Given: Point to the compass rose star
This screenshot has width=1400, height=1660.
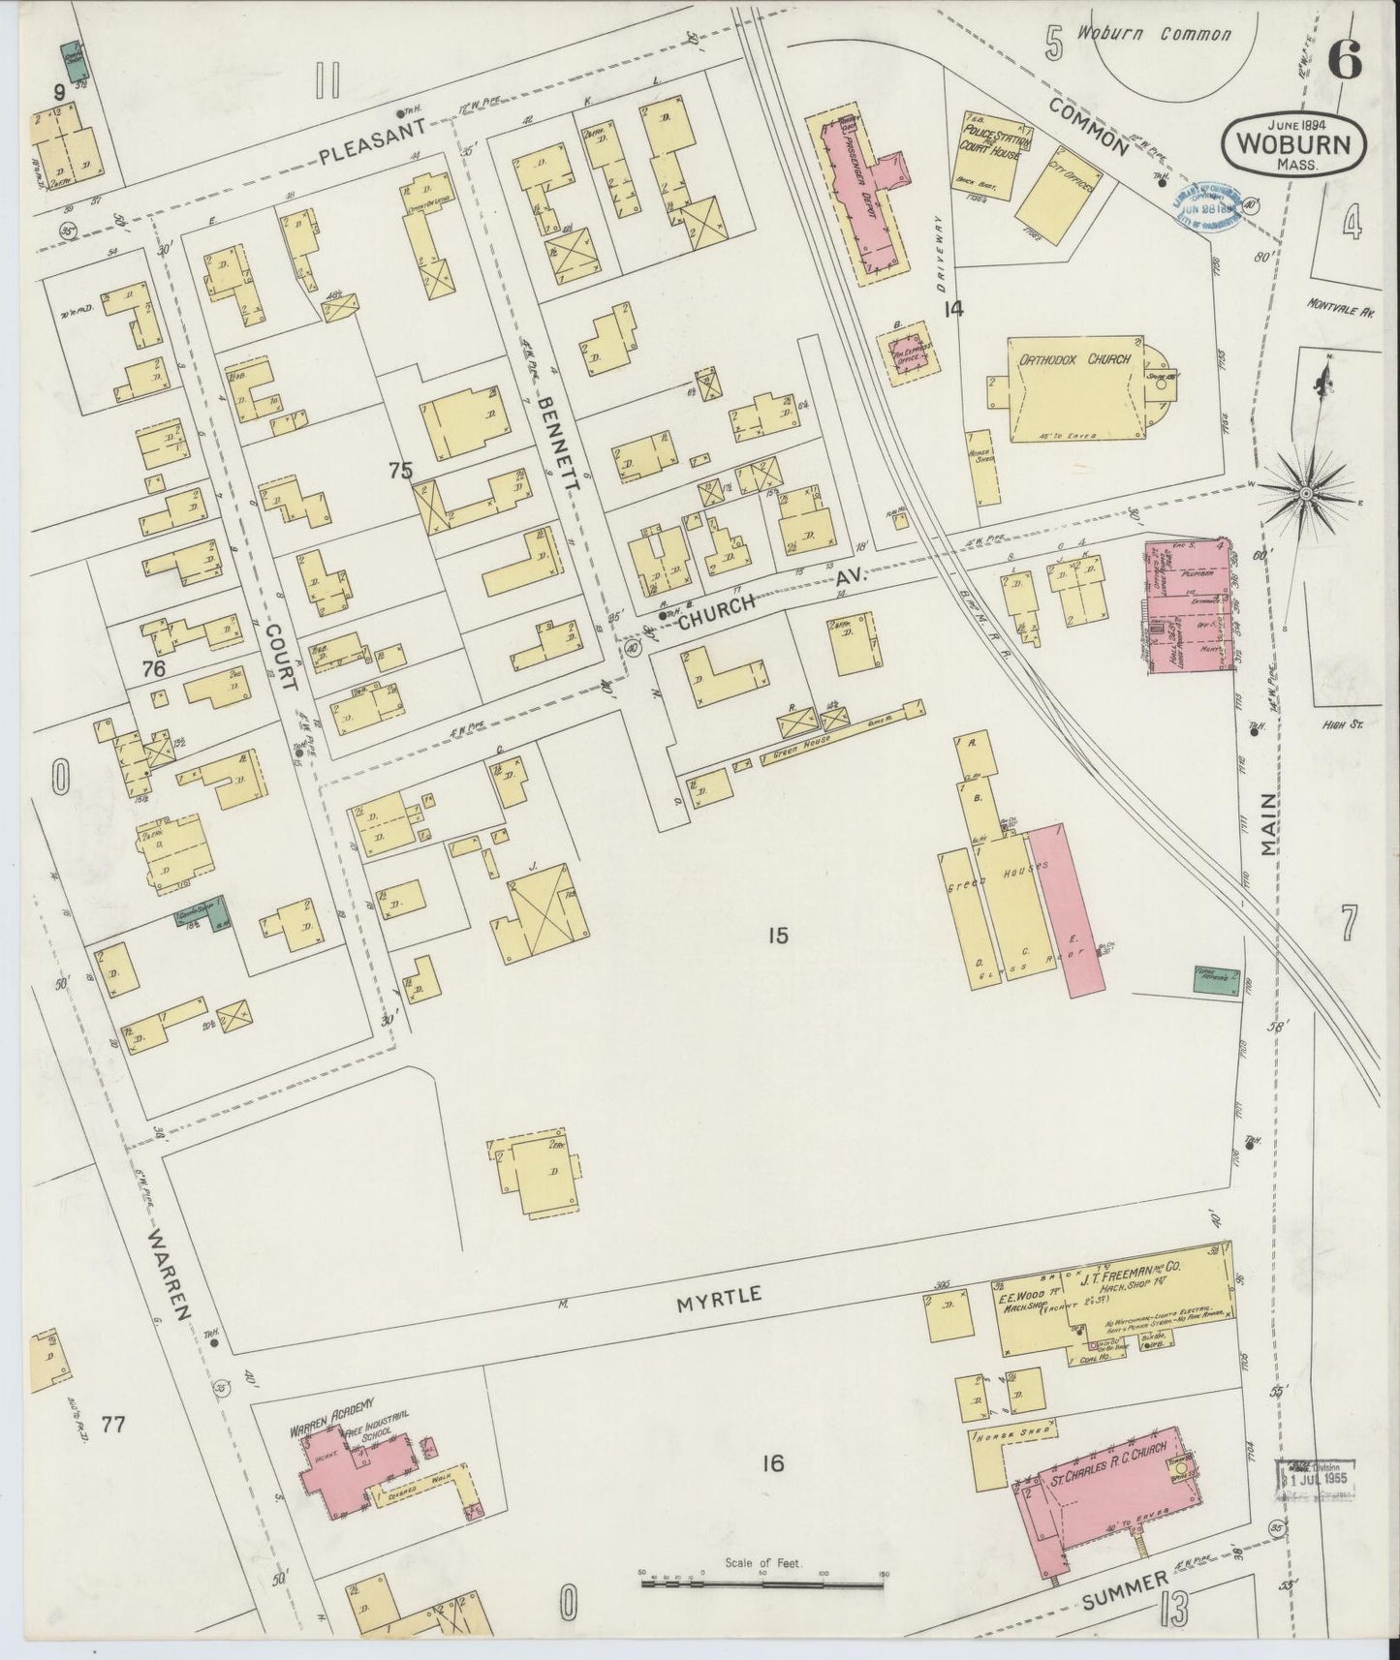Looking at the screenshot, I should pyautogui.click(x=1305, y=494).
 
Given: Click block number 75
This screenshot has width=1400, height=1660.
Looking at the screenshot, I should pyautogui.click(x=400, y=471).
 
